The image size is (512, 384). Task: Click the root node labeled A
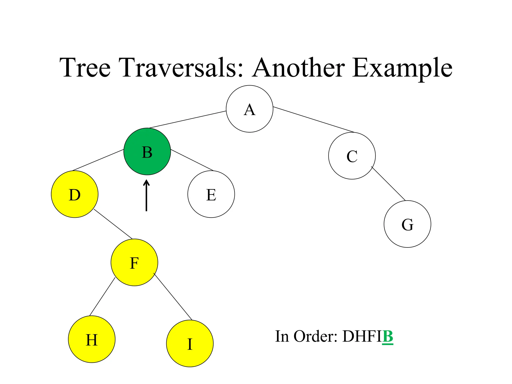coord(249,109)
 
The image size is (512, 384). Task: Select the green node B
coord(147,151)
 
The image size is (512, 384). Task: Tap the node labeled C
coord(352,156)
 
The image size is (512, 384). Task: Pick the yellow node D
coord(74,194)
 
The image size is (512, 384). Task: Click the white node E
coord(211,194)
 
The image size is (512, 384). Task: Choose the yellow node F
coord(134,262)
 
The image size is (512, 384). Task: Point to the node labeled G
coord(407,224)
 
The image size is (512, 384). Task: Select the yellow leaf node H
coord(91,339)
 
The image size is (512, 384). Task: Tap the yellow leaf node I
coord(190,343)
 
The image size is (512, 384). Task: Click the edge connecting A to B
coord(187,119)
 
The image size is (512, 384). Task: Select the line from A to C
coord(314,119)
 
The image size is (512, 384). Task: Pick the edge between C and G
coord(388,183)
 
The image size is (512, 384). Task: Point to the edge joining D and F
coord(113,224)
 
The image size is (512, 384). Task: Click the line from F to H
coord(102,297)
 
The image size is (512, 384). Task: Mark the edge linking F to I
coord(173,297)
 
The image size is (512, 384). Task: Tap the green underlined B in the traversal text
coord(388,336)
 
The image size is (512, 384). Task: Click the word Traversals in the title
coord(181,68)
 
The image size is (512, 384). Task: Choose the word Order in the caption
coord(315,336)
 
